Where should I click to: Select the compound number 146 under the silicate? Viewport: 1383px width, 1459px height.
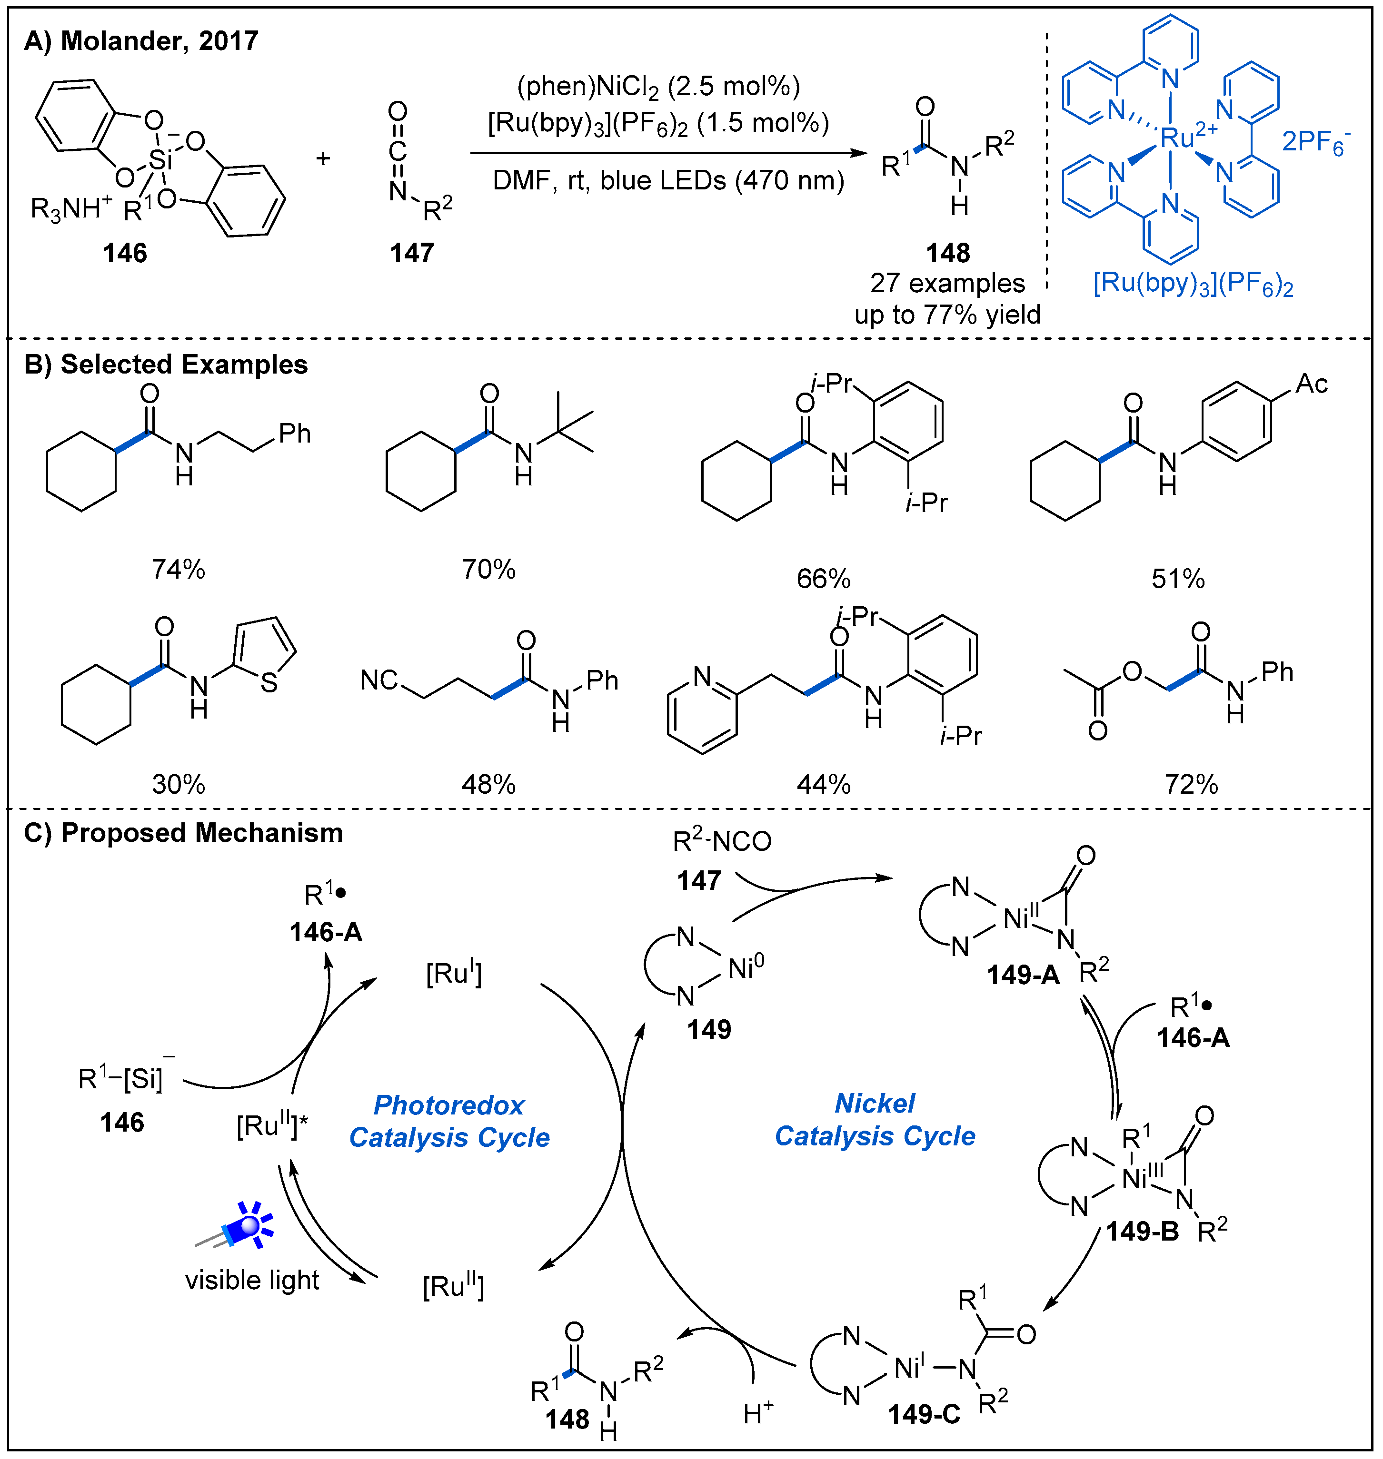point(125,253)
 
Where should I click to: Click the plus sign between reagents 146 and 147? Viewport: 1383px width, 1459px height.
point(323,158)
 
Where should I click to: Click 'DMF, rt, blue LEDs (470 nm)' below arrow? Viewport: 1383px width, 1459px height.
point(668,180)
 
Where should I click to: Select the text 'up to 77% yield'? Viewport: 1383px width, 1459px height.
point(947,315)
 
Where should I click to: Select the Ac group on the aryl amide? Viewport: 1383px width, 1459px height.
point(1312,384)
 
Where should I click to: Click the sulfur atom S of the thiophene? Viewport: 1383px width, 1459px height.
point(269,683)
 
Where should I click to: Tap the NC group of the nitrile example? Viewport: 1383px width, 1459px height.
point(379,680)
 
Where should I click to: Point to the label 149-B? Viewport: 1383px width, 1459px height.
point(1142,1232)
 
